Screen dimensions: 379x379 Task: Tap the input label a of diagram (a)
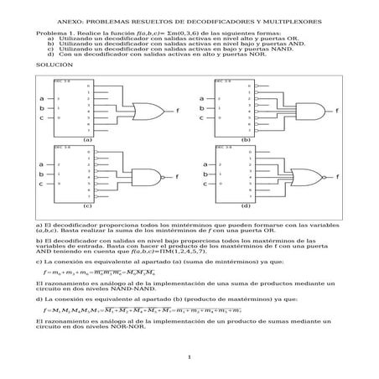(41, 99)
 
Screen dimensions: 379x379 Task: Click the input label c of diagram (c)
(41, 182)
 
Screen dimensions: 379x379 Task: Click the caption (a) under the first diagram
(87, 138)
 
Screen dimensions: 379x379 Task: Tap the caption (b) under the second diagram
(246, 138)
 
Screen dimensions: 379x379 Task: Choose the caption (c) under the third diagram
(87, 205)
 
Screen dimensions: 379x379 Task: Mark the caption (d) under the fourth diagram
(246, 205)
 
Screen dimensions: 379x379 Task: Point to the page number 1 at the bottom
(189, 360)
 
